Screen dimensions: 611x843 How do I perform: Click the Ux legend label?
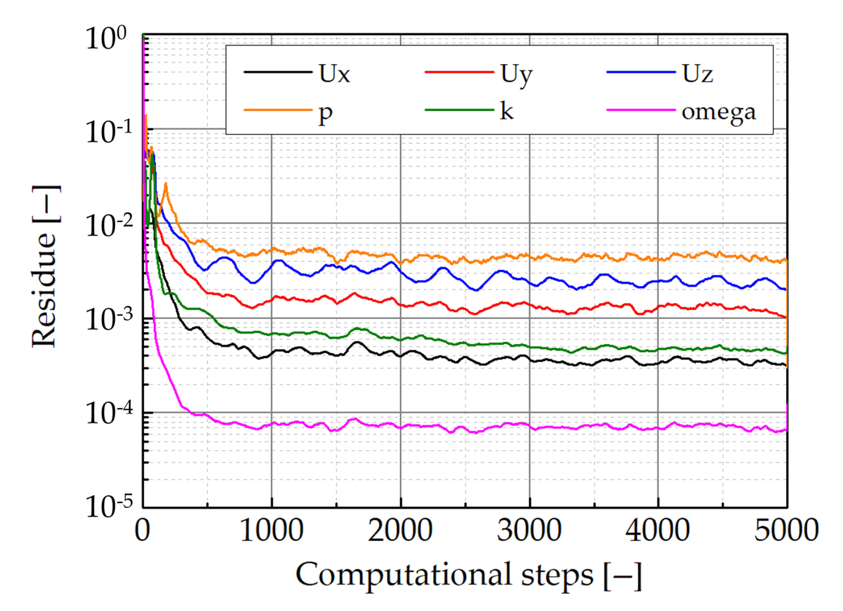click(x=334, y=74)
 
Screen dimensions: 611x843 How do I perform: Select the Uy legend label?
click(x=516, y=75)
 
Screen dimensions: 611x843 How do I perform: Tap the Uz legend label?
click(x=697, y=74)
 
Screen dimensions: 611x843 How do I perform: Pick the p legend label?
click(x=325, y=113)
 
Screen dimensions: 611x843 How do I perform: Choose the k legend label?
click(x=506, y=111)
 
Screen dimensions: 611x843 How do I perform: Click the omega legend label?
click(x=718, y=113)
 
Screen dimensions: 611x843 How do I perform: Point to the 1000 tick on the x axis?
click(x=272, y=530)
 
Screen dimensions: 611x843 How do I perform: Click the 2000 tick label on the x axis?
click(x=400, y=530)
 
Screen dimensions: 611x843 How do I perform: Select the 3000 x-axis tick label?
click(x=529, y=530)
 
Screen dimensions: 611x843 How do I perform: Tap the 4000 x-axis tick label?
click(x=658, y=530)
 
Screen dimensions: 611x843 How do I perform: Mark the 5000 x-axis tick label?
click(x=786, y=530)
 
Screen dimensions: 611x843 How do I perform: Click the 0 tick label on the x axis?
click(x=142, y=530)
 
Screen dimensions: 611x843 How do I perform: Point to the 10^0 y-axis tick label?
click(x=106, y=38)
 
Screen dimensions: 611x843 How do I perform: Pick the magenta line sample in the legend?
click(x=641, y=110)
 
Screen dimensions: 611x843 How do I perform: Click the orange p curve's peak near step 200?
click(x=165, y=184)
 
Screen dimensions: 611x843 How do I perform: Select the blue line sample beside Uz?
click(x=641, y=72)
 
